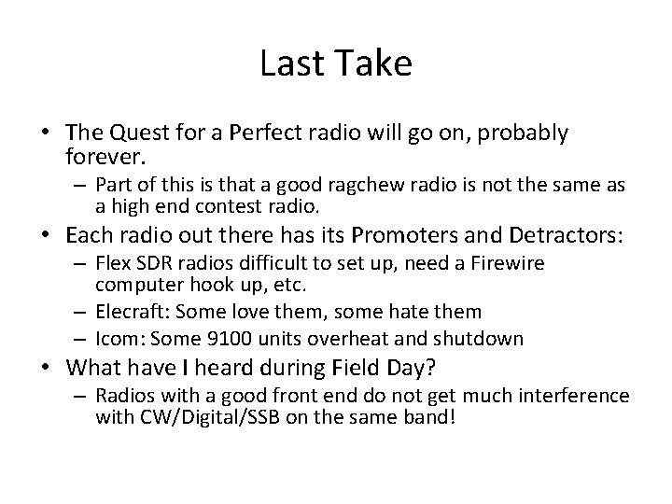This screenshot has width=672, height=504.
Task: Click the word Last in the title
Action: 287,64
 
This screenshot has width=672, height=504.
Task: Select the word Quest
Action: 137,133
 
